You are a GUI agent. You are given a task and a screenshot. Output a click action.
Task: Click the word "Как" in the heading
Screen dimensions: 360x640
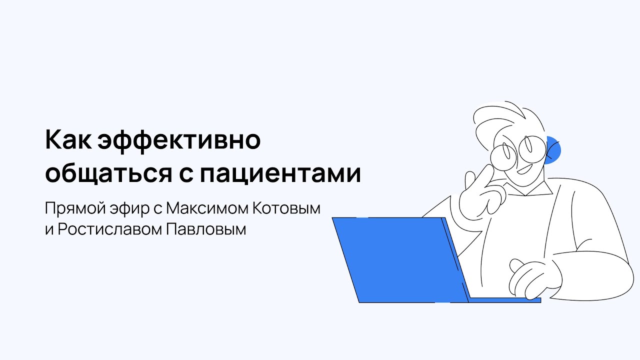pos(68,141)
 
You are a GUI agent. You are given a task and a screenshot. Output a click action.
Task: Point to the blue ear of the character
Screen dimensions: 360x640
pos(554,150)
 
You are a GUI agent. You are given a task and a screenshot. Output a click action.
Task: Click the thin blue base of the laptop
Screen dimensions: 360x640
pos(505,300)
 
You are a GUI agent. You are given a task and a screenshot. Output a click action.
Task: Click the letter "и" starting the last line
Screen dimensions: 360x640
pos(48,230)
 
